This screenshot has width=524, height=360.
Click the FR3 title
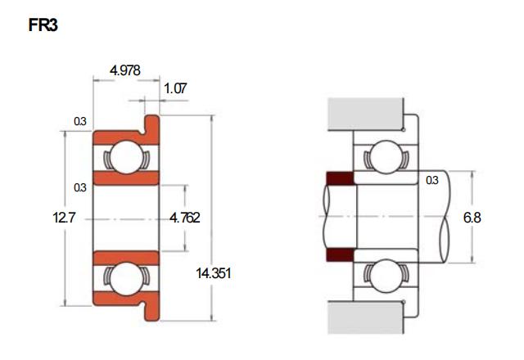[x=43, y=25]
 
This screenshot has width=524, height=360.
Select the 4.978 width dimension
[x=125, y=70]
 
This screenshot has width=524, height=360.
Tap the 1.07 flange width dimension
[x=174, y=88]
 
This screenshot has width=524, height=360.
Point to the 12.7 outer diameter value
[x=64, y=218]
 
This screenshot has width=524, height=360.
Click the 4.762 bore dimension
[x=185, y=218]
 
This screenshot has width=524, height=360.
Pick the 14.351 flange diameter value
[x=213, y=273]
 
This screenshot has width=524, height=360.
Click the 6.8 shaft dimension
[x=472, y=218]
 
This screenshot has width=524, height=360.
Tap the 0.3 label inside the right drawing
[x=431, y=180]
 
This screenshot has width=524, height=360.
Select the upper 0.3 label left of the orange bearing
[x=80, y=121]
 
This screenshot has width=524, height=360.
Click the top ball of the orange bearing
[x=127, y=157]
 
